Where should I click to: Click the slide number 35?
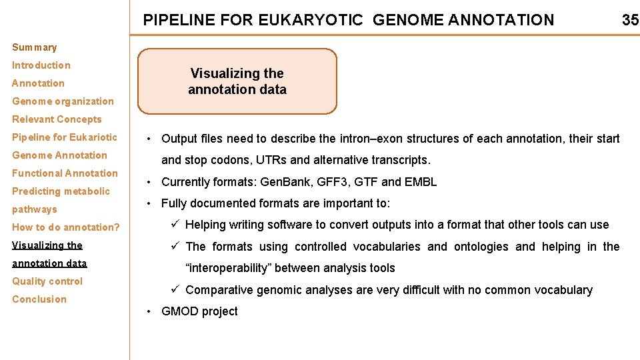(x=630, y=20)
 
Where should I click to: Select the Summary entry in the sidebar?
(x=35, y=47)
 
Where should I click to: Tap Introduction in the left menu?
(x=41, y=65)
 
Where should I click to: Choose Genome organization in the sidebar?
(x=63, y=101)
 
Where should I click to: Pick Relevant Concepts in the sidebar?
(x=57, y=119)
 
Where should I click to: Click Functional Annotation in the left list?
(x=65, y=173)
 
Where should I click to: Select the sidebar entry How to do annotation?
(x=66, y=227)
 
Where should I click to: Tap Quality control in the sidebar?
(x=47, y=281)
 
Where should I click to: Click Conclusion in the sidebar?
(x=39, y=299)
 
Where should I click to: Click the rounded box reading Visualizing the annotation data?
(x=237, y=81)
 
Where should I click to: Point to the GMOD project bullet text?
(x=199, y=311)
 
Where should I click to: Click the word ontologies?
(x=481, y=247)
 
